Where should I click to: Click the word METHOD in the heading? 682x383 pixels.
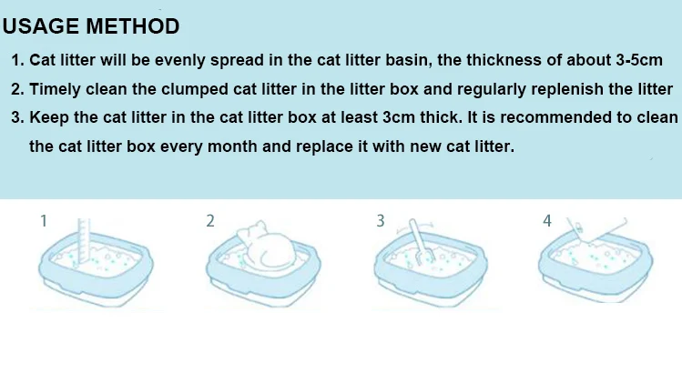pyautogui.click(x=133, y=26)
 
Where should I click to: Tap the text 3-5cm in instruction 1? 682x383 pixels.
pyautogui.click(x=639, y=60)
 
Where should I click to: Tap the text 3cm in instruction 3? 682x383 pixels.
pyautogui.click(x=399, y=117)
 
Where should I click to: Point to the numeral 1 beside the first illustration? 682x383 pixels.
pyautogui.click(x=44, y=221)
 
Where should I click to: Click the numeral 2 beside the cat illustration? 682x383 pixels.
pyautogui.click(x=210, y=221)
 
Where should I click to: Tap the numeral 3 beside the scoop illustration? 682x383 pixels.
pyautogui.click(x=381, y=221)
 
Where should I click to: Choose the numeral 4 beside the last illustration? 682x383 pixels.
pyautogui.click(x=547, y=221)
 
